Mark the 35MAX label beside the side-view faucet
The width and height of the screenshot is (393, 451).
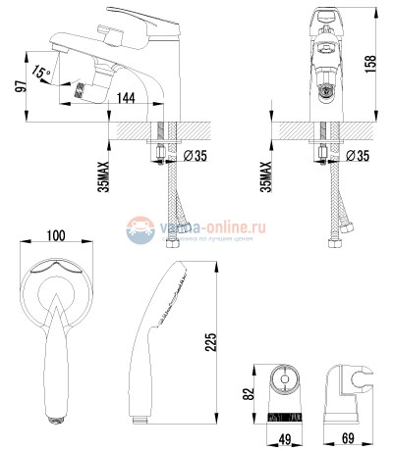point(104,171)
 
